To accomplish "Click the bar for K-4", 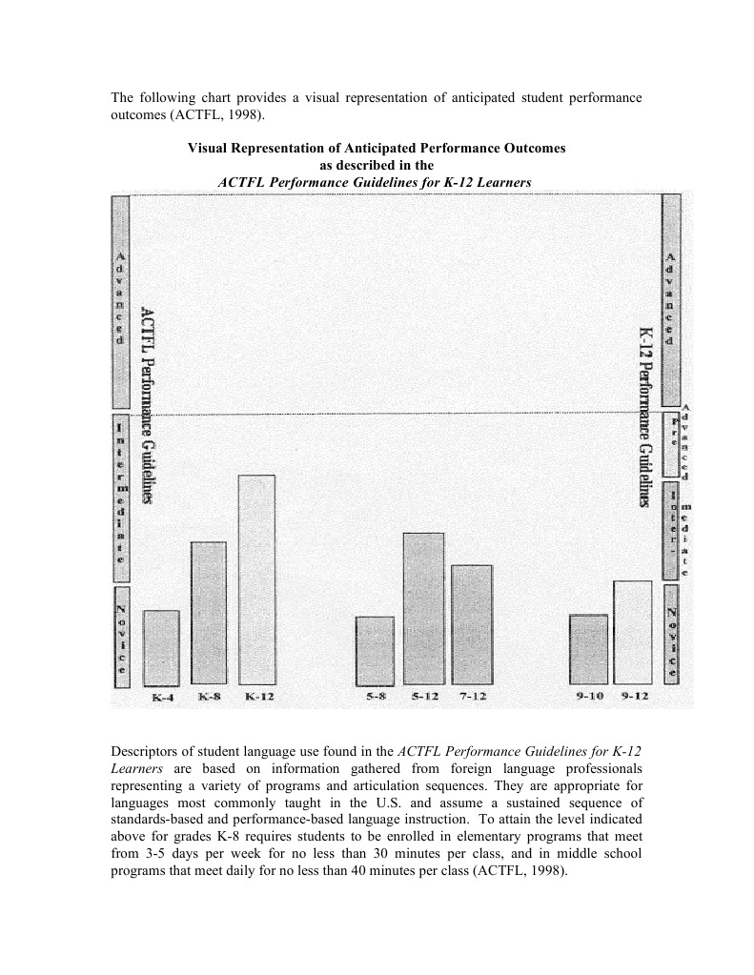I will click(161, 647).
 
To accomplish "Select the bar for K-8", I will click(209, 613).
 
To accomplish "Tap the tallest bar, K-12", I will click(256, 579).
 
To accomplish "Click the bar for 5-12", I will click(423, 608).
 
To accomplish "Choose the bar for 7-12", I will click(472, 624).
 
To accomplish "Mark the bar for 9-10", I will click(588, 649).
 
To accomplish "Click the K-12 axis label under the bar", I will click(259, 698).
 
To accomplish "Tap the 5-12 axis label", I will click(425, 698).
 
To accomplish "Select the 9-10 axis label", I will click(590, 698).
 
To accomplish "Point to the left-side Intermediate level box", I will click(121, 497).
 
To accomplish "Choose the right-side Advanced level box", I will click(671, 299).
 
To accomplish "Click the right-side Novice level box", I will click(671, 633).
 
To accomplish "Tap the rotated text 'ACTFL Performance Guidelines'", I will click(148, 404).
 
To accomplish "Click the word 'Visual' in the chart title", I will click(208, 149).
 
